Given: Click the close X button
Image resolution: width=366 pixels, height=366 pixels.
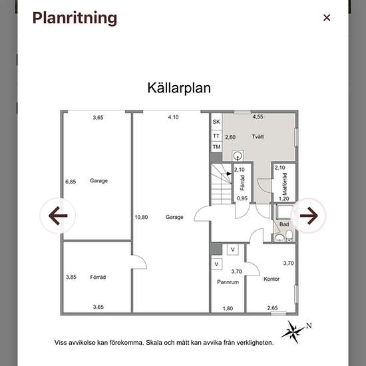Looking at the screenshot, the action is (x=327, y=17).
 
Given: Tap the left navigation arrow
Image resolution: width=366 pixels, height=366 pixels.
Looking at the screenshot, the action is (x=58, y=216).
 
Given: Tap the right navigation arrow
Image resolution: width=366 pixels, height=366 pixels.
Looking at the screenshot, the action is (x=309, y=216).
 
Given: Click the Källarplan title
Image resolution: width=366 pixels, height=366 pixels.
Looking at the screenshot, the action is (x=179, y=89).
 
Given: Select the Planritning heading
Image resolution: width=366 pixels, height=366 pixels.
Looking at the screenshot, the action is (x=75, y=18).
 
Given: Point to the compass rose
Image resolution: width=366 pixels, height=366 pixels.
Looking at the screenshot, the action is (x=293, y=331).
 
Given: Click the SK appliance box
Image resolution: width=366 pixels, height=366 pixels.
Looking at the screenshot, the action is (x=216, y=122).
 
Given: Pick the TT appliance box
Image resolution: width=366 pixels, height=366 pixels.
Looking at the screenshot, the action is (x=216, y=136).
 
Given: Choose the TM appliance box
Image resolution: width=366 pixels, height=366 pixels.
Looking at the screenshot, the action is (x=216, y=147).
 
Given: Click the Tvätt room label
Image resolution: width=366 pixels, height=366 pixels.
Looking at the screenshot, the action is (x=258, y=136).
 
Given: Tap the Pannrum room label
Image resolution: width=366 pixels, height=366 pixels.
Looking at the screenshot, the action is (x=228, y=282).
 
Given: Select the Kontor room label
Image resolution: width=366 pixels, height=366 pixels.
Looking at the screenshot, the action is (x=272, y=279).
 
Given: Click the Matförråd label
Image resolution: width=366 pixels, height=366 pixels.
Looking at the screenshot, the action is (x=285, y=184).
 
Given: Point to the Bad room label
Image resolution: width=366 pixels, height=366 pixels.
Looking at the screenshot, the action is (x=284, y=224).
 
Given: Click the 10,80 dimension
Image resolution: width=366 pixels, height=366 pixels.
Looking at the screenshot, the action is (x=141, y=218).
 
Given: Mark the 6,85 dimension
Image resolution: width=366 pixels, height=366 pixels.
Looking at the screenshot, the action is (x=71, y=182).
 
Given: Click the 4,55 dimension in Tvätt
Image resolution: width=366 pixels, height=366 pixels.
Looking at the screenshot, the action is (x=258, y=117).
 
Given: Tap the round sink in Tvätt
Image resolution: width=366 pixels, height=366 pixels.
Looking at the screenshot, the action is (x=238, y=156).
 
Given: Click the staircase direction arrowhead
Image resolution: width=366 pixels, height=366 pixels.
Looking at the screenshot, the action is (x=229, y=174).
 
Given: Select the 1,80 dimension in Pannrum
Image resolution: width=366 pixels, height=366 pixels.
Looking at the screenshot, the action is (x=228, y=308).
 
